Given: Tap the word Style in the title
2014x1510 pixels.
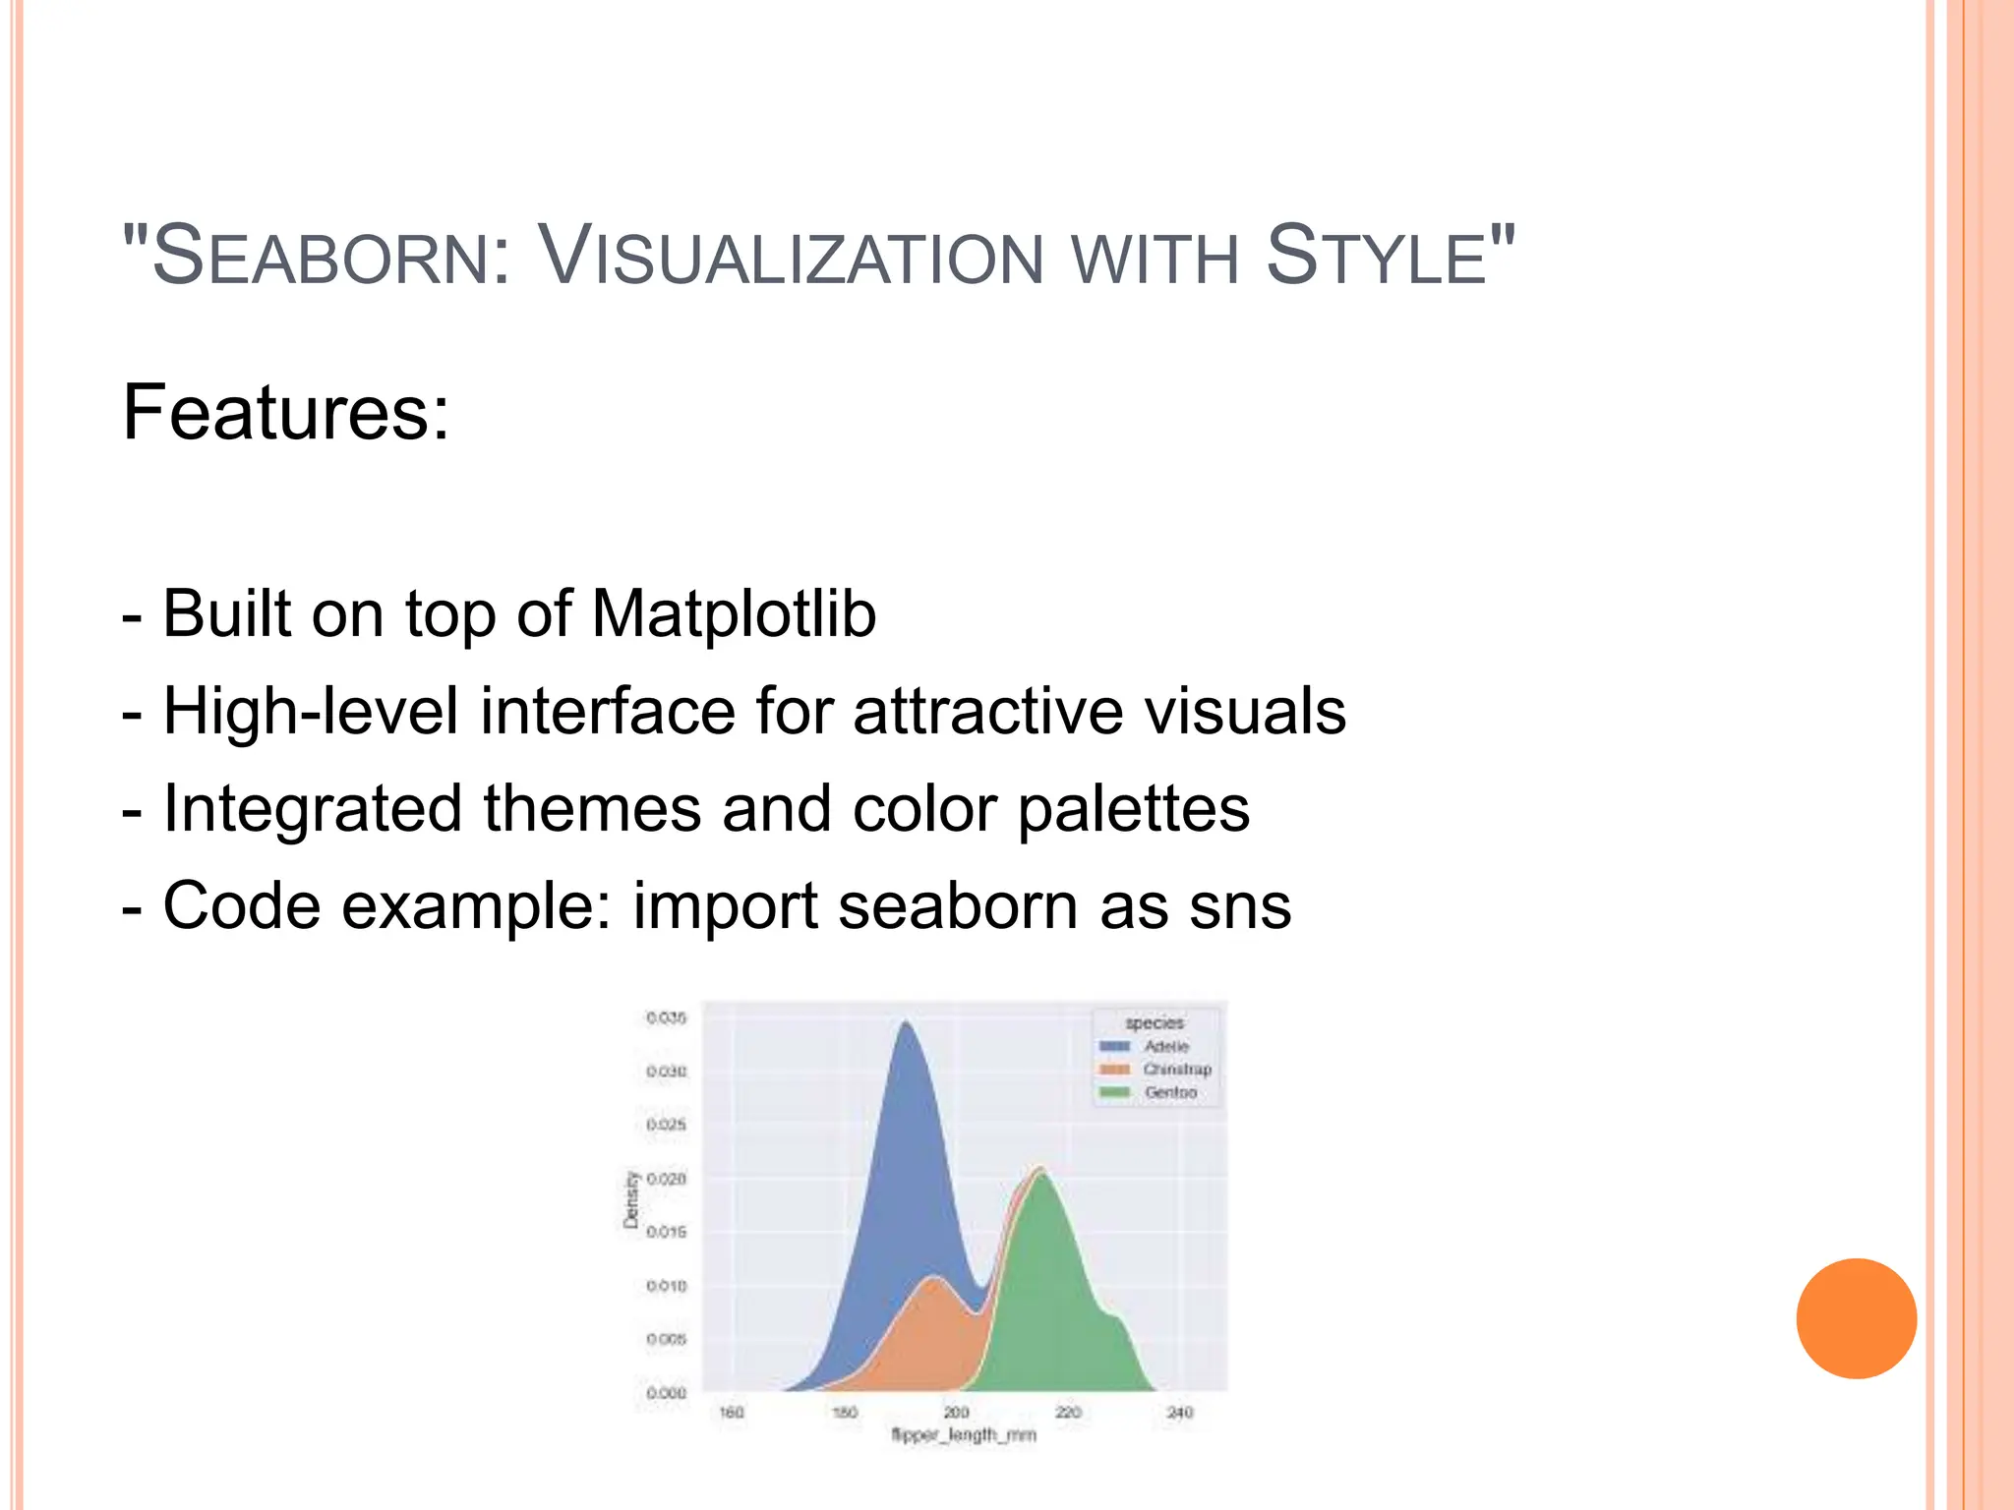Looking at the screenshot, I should coord(1376,258).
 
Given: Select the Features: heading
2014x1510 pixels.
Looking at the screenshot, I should coord(285,413).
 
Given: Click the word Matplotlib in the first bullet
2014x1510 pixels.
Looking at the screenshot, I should coord(734,614).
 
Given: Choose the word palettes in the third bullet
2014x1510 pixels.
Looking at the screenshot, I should coord(1133,809).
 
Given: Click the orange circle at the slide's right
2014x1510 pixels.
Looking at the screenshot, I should coord(1856,1318).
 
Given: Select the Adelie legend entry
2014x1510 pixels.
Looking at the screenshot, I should coord(1166,1046).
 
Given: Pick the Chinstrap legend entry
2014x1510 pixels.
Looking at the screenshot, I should coord(1176,1069).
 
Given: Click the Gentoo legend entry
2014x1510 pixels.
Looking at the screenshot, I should coord(1170,1092).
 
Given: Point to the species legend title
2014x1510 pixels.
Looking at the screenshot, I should coord(1155,1022).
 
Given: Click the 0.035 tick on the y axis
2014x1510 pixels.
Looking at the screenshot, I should coord(666,1017).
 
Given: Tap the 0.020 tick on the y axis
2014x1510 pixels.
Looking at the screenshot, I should coord(666,1178).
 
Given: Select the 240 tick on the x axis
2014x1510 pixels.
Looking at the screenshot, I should coord(1179,1413).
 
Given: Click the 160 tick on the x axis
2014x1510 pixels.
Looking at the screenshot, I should coord(732,1413).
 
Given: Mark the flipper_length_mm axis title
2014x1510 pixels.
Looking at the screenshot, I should coord(963,1435).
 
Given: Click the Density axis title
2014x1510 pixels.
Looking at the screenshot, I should coord(631,1199).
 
